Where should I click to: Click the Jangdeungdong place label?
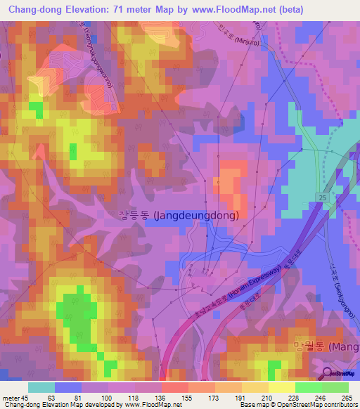click(x=179, y=216)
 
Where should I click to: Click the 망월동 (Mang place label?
click(x=324, y=346)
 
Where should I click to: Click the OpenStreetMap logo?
click(x=341, y=375)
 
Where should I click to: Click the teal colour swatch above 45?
click(x=41, y=387)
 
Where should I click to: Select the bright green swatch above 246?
click(x=309, y=387)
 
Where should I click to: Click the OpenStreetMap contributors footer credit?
click(x=318, y=405)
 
